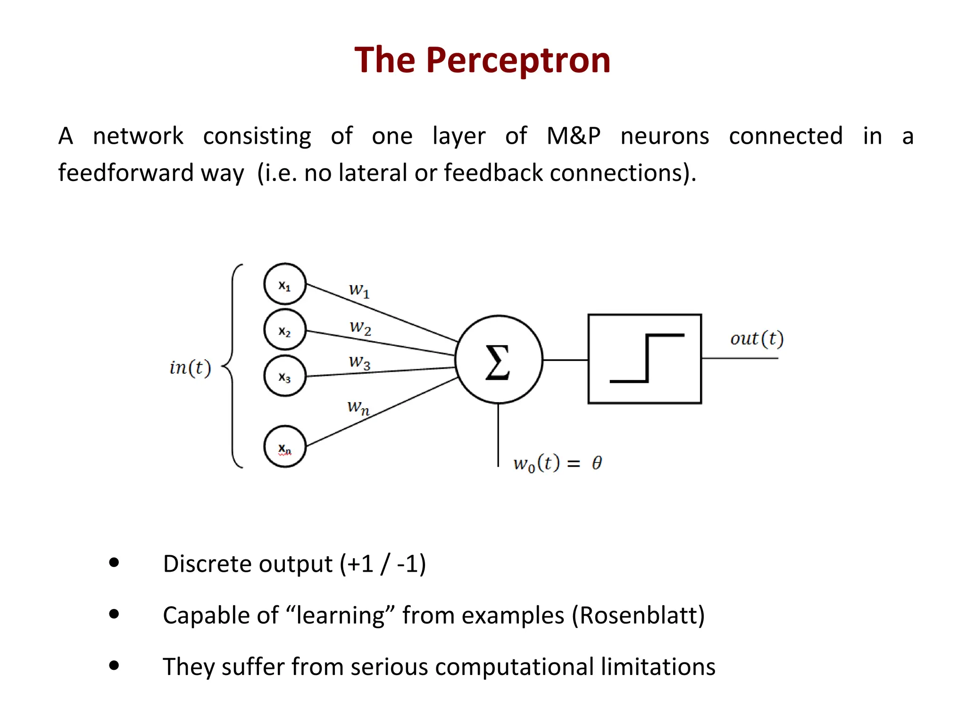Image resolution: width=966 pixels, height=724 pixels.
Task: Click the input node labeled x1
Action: click(285, 284)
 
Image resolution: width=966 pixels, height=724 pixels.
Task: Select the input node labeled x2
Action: click(285, 330)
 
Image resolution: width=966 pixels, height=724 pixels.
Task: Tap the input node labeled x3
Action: click(285, 376)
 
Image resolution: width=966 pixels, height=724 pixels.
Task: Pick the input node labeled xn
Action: click(285, 446)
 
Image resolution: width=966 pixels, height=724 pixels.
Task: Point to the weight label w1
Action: click(359, 289)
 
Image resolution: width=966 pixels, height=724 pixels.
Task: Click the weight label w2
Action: click(360, 327)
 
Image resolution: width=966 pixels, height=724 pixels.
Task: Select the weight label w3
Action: click(359, 362)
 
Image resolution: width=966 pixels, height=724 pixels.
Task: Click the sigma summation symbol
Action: click(498, 362)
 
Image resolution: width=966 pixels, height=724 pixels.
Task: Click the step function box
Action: click(644, 359)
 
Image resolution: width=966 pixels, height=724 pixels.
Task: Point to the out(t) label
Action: click(757, 338)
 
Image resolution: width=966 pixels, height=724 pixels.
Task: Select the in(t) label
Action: click(190, 368)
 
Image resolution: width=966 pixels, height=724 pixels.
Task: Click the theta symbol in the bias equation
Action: click(597, 463)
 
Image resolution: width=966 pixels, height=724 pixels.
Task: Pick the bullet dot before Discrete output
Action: click(114, 562)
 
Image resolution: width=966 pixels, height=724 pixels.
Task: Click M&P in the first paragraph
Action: click(573, 136)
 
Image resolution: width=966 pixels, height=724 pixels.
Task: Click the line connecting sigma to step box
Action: click(565, 360)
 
